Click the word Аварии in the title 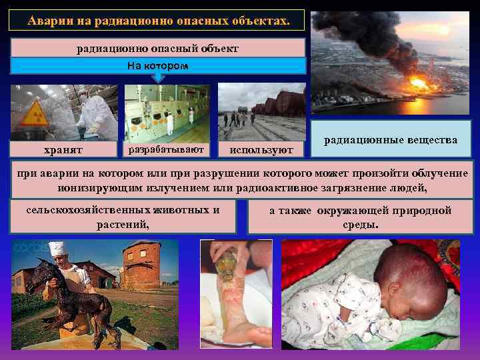coord(50,21)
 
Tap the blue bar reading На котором coord(158,65)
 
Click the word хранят coord(64,150)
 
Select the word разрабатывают coord(167,148)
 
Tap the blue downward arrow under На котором coord(158,77)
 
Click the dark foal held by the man coord(67,293)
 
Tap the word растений coord(123,225)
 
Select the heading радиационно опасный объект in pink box coord(158,48)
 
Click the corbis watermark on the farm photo coord(28,247)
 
